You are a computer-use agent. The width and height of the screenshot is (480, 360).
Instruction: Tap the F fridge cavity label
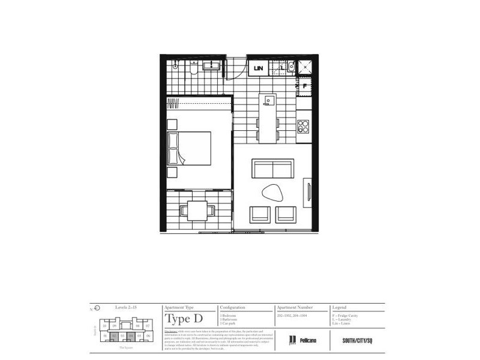click(305, 86)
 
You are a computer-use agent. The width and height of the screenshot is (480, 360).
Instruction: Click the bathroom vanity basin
click(210, 66)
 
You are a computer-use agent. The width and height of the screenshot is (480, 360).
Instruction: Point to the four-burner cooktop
click(304, 127)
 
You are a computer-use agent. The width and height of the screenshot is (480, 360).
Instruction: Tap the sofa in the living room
click(272, 169)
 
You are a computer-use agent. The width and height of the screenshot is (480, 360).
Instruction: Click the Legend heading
click(340, 307)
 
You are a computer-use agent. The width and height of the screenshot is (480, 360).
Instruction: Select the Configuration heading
click(233, 307)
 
